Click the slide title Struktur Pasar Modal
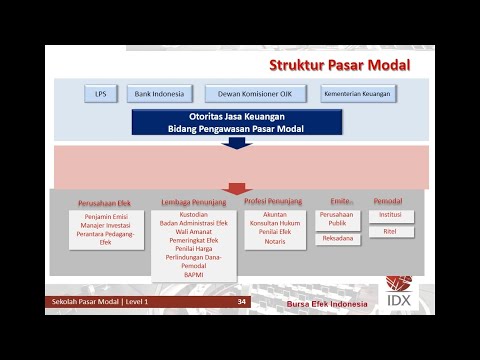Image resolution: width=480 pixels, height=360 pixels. tap(339, 66)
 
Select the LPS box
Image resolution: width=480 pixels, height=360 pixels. tap(100, 94)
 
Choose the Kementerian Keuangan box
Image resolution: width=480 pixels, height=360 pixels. tap(357, 94)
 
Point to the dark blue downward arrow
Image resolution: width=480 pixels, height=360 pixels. tap(237, 142)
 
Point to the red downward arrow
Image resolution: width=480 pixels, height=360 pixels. tap(237, 187)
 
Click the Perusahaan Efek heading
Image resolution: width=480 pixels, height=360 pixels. tap(104, 202)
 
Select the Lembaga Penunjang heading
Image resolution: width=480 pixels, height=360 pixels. tap(194, 202)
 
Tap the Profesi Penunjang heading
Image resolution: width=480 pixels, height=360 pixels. tap(273, 201)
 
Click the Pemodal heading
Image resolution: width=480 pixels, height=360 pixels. tap(388, 201)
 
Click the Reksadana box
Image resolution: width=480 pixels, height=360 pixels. tap(337, 240)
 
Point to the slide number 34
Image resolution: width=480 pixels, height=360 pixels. tap(241, 302)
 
